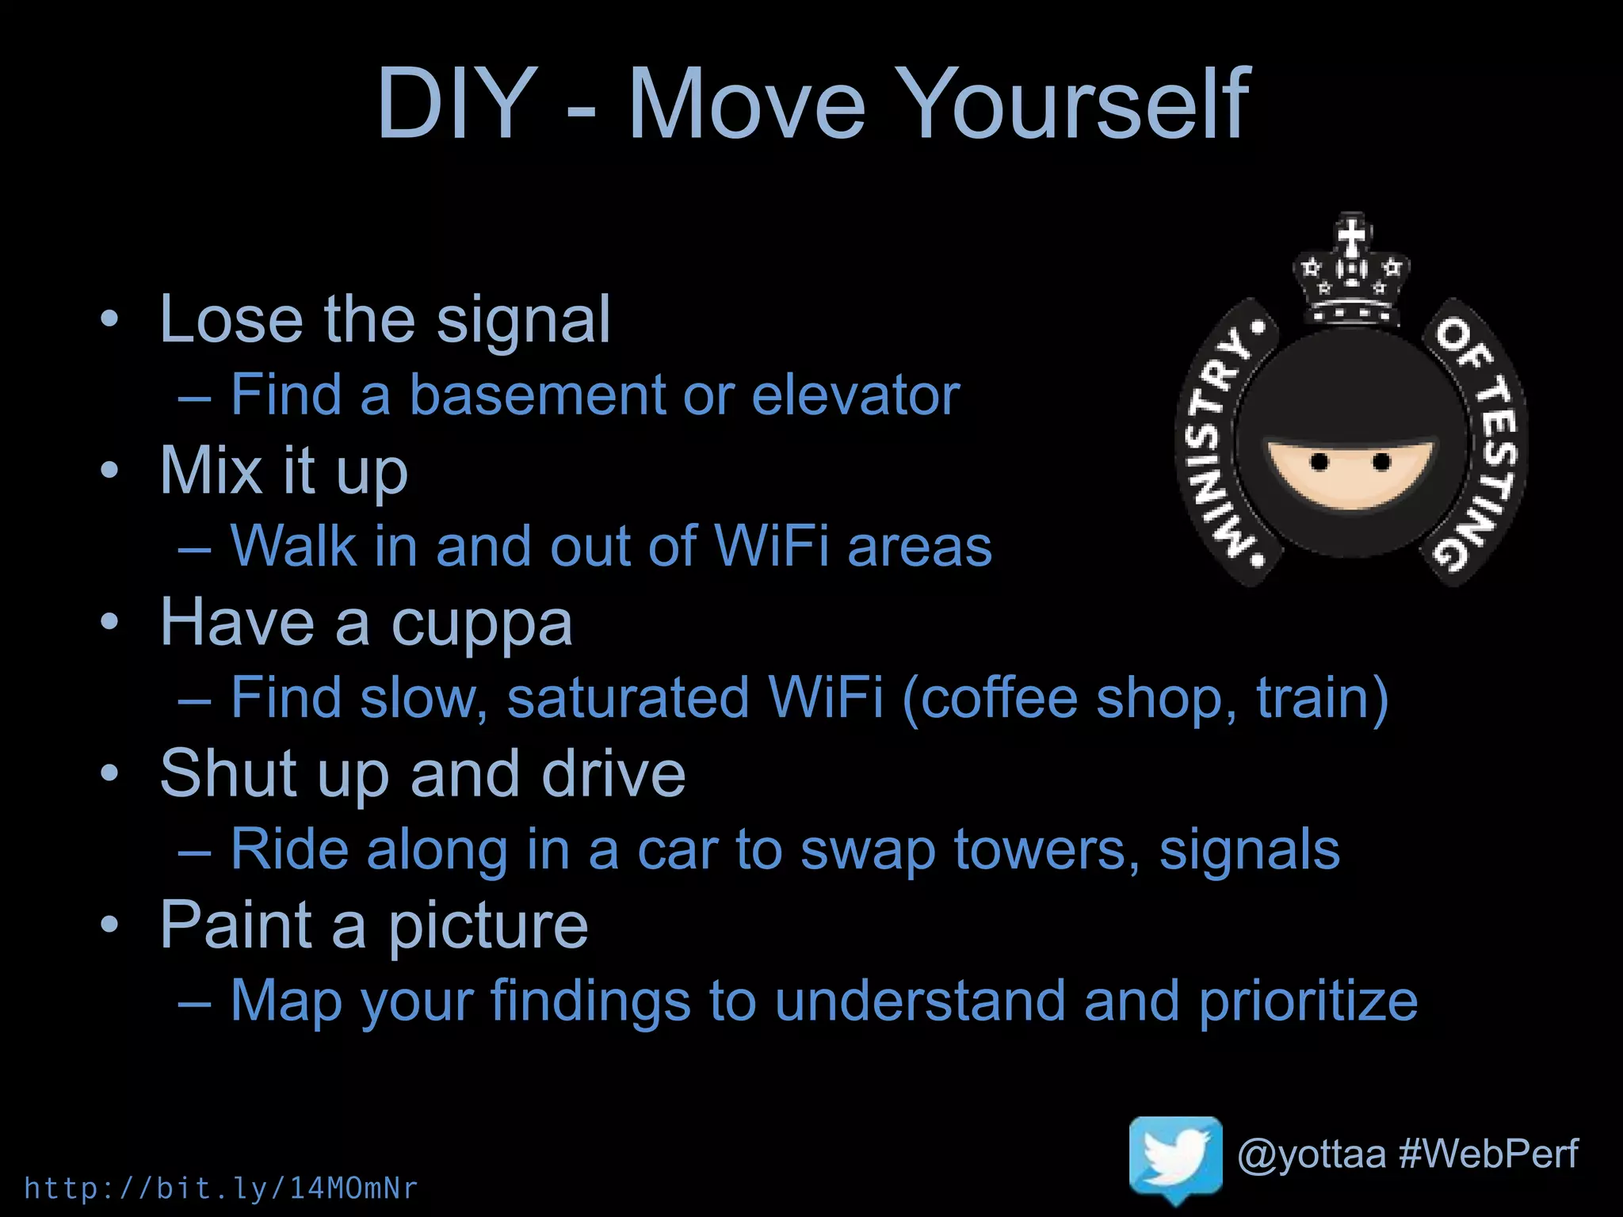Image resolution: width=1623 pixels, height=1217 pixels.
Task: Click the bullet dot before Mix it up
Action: (109, 470)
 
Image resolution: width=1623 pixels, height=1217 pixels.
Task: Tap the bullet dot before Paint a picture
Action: (109, 924)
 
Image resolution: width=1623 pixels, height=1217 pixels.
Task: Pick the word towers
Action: (1047, 849)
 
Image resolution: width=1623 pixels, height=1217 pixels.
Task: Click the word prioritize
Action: (1308, 1001)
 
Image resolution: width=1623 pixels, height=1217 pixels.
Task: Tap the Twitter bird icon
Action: (1175, 1158)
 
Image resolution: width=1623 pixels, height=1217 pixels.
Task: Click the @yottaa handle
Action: (1312, 1154)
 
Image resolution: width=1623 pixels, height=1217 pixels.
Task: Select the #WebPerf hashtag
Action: (1488, 1154)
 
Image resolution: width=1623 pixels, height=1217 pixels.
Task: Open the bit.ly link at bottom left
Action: (221, 1188)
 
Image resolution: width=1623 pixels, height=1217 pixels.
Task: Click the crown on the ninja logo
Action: (1351, 269)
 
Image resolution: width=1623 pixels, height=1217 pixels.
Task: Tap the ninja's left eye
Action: (1319, 461)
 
